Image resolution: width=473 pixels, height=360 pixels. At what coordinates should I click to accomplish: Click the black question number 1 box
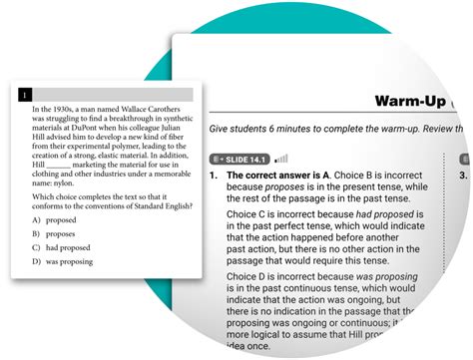(25, 95)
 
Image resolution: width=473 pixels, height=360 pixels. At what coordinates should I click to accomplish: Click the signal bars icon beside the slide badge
(281, 159)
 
